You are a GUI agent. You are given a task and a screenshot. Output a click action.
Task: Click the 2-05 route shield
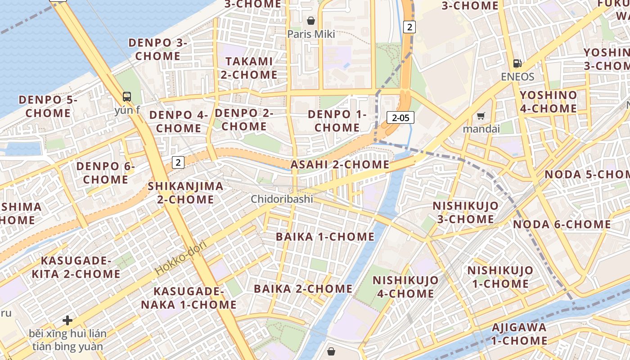pos(400,118)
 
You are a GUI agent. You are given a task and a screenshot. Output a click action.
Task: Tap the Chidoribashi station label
pos(282,199)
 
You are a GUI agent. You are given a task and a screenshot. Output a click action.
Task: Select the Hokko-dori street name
pos(180,258)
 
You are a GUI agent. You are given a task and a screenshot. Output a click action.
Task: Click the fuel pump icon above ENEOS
pos(518,63)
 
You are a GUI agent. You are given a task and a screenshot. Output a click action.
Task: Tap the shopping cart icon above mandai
pos(481,116)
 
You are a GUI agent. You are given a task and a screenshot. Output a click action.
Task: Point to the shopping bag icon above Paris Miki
pos(310,21)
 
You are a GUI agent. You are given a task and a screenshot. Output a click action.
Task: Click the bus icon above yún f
pos(127,96)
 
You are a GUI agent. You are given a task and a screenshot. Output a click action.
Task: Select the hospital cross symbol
pos(67,320)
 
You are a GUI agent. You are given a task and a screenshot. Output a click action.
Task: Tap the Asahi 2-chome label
pos(340,165)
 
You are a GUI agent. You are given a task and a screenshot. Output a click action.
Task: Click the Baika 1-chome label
pos(325,237)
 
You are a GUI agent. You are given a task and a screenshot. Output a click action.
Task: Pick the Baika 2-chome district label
pos(303,289)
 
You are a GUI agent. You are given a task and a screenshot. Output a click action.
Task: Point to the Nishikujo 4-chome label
pos(405,287)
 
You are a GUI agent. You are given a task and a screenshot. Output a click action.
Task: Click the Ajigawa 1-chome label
pos(519,334)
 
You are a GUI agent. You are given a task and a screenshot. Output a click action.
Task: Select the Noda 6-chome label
pos(562,224)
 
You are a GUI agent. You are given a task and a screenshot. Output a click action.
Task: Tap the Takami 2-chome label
pos(249,68)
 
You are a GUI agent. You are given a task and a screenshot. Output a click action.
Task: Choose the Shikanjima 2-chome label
pos(185,193)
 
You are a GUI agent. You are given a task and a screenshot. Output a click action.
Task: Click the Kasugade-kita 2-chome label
pos(81,267)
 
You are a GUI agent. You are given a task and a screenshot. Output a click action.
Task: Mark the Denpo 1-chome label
pos(337,121)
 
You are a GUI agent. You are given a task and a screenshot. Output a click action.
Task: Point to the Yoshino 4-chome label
pos(548,102)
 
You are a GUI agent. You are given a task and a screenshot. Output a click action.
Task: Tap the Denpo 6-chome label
pos(105,173)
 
